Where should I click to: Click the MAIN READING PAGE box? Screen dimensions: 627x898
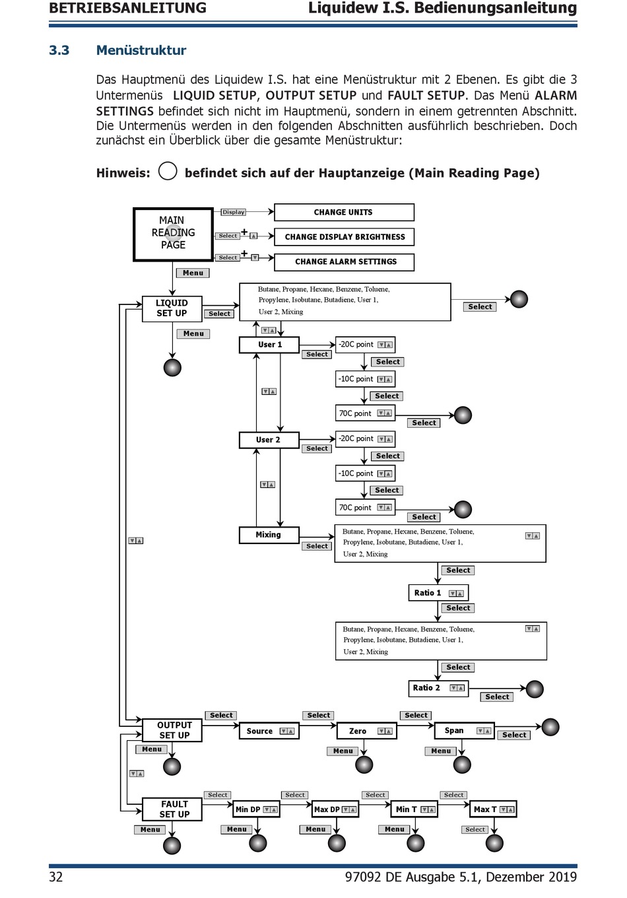173,234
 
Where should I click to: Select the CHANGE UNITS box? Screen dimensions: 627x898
344,212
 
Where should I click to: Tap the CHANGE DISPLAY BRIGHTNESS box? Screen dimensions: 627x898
344,237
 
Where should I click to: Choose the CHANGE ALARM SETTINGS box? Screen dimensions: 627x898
344,261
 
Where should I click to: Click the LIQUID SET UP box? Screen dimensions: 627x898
172,309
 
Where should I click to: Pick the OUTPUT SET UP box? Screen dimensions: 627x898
172,730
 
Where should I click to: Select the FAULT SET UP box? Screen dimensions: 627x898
172,809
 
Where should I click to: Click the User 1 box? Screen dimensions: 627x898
269,345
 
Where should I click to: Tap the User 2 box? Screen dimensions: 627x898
269,440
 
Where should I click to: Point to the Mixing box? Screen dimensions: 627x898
269,535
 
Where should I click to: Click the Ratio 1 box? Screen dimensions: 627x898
438,592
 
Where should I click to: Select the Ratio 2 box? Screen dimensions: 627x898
438,688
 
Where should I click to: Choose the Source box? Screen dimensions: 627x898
269,731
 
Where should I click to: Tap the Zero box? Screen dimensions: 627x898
367,731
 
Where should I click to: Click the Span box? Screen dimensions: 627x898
465,730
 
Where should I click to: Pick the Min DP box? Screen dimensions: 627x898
256,809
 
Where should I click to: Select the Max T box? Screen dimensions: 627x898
493,809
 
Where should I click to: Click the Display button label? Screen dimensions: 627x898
234,212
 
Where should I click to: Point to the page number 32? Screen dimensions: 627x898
55,877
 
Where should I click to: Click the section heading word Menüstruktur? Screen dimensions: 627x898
141,50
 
